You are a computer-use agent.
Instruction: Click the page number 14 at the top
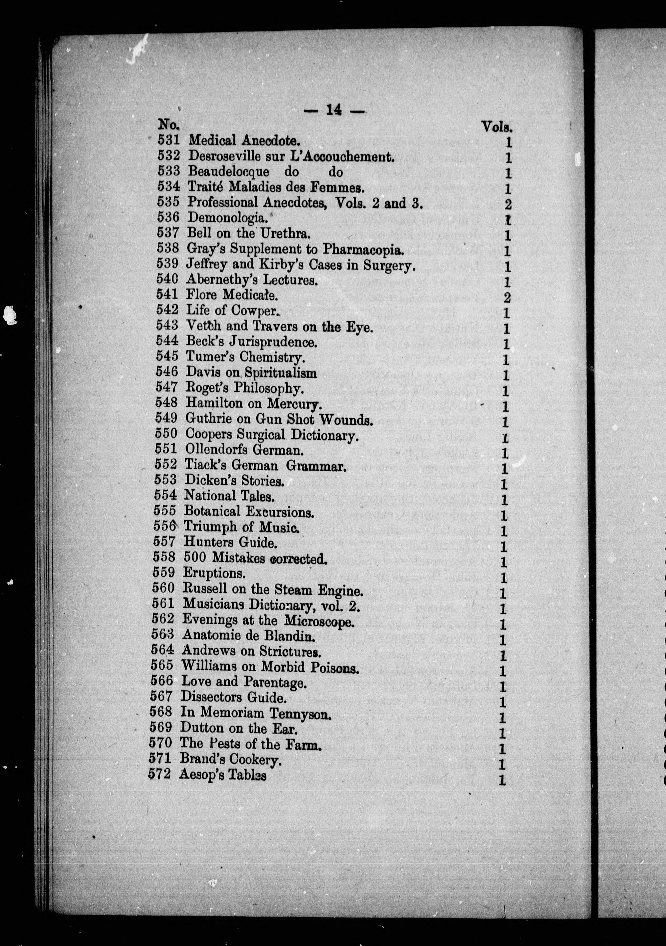click(333, 110)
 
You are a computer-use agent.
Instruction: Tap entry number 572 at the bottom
click(159, 774)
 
